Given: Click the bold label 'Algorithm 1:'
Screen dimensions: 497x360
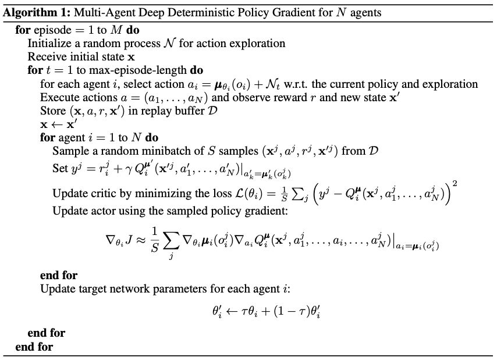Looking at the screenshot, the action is pos(37,13).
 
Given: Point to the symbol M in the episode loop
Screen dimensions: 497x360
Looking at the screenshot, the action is pos(116,30).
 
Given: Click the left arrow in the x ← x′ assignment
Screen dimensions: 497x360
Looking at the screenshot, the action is pos(57,124).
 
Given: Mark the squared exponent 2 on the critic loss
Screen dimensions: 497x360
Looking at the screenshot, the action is pos(455,183).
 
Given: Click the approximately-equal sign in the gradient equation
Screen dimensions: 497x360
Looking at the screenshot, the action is pos(141,240).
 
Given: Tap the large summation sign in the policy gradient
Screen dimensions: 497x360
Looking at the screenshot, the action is pos(171,241).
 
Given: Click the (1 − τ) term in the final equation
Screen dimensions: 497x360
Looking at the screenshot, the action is pos(292,312).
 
